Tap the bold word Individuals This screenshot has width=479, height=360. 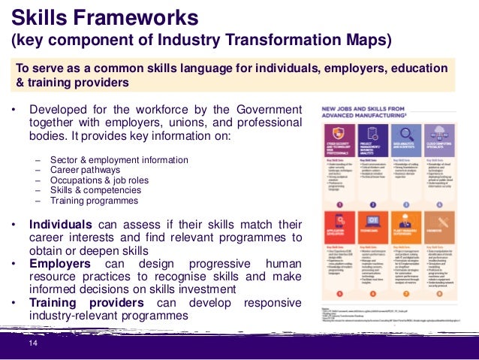[x=61, y=224]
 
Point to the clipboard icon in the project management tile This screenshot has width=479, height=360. [x=372, y=134]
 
